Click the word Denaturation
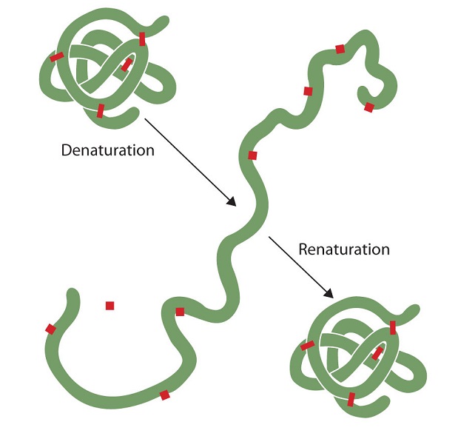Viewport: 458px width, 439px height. (107, 150)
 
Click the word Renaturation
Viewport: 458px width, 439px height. (343, 249)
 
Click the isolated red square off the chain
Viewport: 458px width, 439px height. (110, 305)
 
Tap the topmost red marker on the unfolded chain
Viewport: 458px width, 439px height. (340, 49)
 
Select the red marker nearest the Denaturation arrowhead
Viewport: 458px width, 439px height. (252, 155)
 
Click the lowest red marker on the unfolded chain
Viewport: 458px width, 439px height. (164, 395)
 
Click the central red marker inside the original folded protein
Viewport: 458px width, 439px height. (127, 65)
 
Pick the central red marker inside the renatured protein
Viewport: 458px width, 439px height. (377, 353)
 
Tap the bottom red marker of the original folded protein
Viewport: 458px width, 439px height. (101, 110)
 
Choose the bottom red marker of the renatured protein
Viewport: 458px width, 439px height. (351, 399)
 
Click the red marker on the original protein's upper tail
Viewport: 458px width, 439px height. (142, 39)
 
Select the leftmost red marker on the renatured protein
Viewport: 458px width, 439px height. (307, 345)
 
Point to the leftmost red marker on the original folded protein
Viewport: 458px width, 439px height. (56, 57)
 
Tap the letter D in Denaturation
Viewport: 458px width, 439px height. (66, 150)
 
